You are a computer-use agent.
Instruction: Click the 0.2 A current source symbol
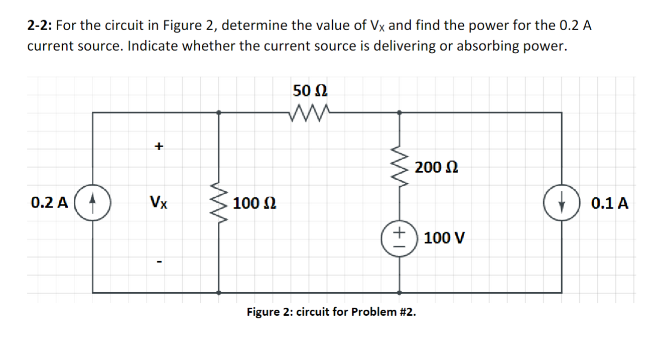(92, 204)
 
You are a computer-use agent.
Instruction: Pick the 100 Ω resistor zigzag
(218, 203)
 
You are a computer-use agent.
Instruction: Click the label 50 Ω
(310, 91)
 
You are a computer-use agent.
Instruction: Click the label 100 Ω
(253, 204)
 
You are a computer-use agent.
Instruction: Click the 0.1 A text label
(609, 204)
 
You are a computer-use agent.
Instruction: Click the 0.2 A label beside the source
(49, 203)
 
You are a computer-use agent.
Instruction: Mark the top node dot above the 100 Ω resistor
(218, 112)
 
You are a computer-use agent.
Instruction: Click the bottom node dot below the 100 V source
(399, 292)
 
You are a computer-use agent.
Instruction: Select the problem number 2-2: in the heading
(40, 25)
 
